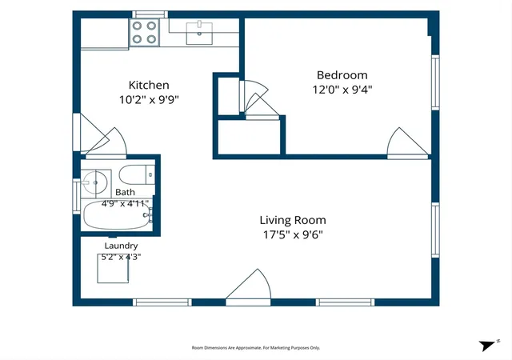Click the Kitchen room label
click(149, 85)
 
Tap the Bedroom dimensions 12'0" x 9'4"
click(342, 90)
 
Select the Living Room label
click(293, 220)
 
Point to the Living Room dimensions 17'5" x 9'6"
click(293, 234)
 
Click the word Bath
click(125, 192)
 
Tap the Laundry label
click(121, 246)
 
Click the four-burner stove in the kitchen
click(144, 32)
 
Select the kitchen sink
click(199, 34)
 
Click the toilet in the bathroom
click(137, 174)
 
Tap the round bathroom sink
click(94, 182)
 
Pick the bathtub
click(118, 214)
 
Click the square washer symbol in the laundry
click(113, 268)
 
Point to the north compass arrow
click(487, 346)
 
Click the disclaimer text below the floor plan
click(256, 348)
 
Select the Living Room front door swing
click(248, 286)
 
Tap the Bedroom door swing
click(407, 142)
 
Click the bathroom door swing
click(106, 142)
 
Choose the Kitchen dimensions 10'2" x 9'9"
click(149, 99)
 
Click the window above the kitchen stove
click(150, 14)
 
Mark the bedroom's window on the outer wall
click(435, 82)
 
